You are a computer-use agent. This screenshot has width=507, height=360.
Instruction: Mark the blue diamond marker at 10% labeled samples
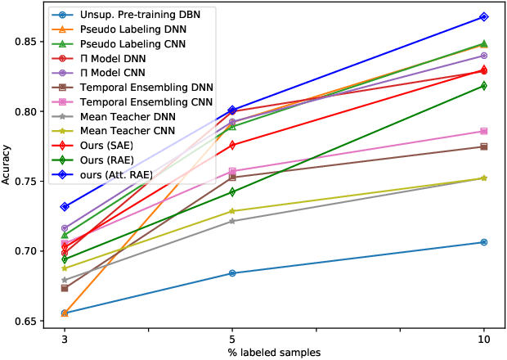tap(483, 16)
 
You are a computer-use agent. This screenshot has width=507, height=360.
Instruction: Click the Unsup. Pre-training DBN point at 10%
tap(483, 242)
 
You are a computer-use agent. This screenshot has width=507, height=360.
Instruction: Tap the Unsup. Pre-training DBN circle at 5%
tap(232, 273)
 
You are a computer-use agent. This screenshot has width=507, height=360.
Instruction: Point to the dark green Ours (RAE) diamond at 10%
tap(483, 85)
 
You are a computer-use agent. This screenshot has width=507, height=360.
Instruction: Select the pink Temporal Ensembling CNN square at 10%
tap(483, 131)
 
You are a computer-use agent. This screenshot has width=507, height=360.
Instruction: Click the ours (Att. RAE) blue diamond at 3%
tap(64, 207)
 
